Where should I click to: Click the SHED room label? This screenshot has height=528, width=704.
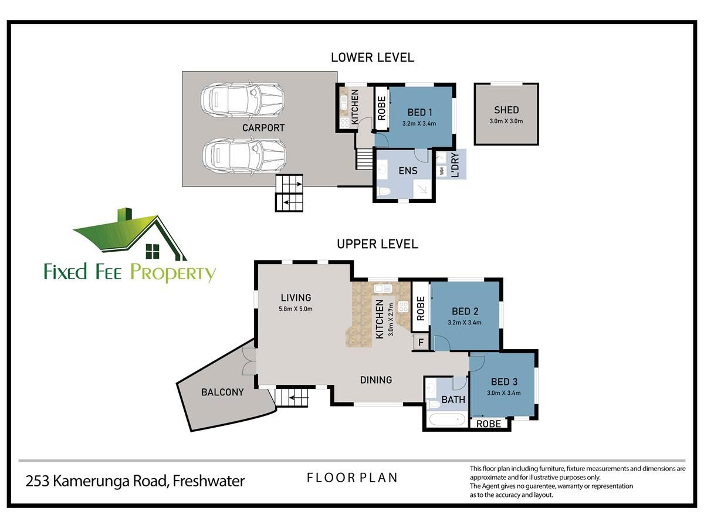coord(506,110)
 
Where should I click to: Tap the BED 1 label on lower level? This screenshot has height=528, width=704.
coord(419,112)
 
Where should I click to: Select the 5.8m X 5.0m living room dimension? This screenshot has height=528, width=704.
coord(296,309)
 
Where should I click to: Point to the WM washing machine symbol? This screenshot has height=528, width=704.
coord(442,171)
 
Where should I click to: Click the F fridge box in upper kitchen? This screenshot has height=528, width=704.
coord(421,343)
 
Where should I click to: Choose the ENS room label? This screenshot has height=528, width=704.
coord(408,171)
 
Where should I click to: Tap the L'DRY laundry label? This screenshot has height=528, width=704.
coord(455,165)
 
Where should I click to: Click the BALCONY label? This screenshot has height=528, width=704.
coord(222,392)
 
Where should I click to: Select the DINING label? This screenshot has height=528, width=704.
coord(376,380)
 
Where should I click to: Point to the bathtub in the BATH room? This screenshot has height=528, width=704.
coord(447,419)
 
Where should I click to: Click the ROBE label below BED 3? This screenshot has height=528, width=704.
coord(489,424)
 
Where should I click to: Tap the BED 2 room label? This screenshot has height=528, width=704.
coord(465,312)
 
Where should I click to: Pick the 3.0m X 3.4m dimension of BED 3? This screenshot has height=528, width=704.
coord(503,392)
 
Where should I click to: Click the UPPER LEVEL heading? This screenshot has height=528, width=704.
coord(377,244)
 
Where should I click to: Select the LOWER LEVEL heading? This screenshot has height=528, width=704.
coord(373,57)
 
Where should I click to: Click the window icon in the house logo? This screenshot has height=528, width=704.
coord(153,251)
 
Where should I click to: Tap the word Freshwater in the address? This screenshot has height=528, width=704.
coord(208,481)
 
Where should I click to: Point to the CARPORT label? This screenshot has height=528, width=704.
coord(263,128)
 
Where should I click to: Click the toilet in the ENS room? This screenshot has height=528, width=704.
coord(384,192)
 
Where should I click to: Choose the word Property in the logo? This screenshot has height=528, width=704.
coord(173,273)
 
